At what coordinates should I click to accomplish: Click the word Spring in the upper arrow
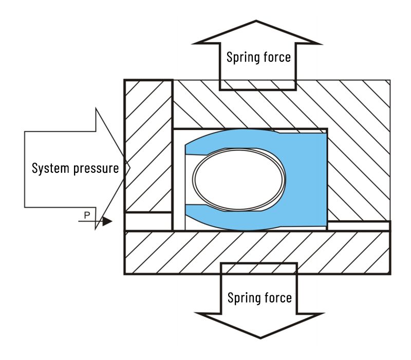point(242,57)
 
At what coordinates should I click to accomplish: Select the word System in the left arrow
point(49,168)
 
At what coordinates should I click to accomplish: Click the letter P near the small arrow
point(86,214)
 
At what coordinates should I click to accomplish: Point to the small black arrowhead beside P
point(106,222)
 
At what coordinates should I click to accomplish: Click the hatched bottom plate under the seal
point(257,252)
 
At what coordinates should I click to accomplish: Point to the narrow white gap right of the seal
point(358,226)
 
